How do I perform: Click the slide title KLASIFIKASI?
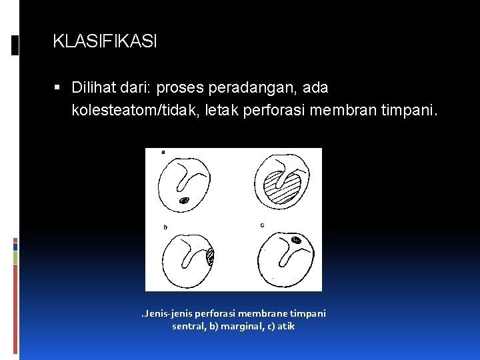coord(105,42)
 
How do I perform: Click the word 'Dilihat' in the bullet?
coord(94,87)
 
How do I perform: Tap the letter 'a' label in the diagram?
coord(163,152)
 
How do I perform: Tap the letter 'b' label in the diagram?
coord(165,227)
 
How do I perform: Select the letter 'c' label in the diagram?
coord(261,225)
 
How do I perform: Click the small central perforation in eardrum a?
coord(184,199)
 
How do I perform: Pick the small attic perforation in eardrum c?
coord(297,239)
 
